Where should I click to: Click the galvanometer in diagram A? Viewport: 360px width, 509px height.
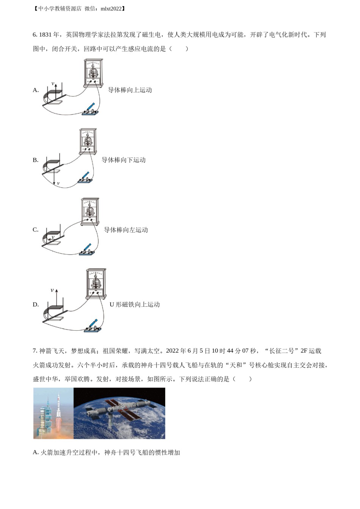click(x=93, y=73)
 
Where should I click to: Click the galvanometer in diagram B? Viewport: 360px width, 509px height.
click(x=88, y=142)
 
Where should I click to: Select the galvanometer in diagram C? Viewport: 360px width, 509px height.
click(x=90, y=212)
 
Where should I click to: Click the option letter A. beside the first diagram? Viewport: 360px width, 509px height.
click(x=36, y=90)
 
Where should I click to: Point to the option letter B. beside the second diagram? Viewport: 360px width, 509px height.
click(x=36, y=160)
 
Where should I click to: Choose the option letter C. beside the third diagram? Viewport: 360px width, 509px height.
click(x=36, y=230)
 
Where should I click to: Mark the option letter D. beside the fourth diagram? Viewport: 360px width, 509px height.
click(x=36, y=304)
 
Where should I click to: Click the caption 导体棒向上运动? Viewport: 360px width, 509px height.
click(x=130, y=90)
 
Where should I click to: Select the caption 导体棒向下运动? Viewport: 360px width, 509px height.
click(x=124, y=160)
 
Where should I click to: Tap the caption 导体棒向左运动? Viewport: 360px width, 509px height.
click(x=126, y=230)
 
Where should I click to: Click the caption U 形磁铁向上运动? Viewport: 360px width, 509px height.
click(x=135, y=304)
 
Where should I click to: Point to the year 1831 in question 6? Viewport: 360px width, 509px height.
click(x=45, y=35)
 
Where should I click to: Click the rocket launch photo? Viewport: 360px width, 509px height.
click(x=53, y=413)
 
